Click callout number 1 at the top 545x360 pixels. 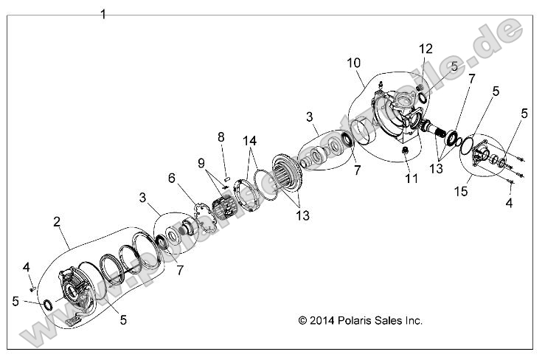[x=103, y=14]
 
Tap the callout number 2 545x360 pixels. [x=57, y=221]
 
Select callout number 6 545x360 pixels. [x=172, y=178]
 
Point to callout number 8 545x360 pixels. [x=220, y=136]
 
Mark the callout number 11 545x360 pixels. [x=411, y=179]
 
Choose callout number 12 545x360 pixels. [x=426, y=48]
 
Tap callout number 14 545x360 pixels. [x=250, y=139]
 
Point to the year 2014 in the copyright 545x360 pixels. [x=310, y=321]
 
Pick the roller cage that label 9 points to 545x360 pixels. [x=222, y=207]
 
